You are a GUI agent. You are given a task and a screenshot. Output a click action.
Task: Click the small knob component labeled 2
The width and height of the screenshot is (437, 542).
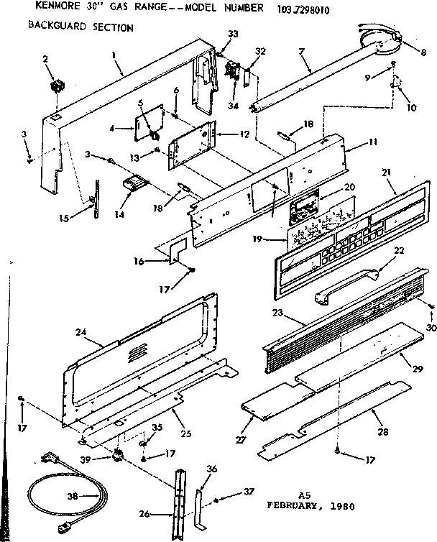pyautogui.click(x=55, y=89)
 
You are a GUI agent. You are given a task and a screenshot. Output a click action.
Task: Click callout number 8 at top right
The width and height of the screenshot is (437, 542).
pyautogui.click(x=423, y=52)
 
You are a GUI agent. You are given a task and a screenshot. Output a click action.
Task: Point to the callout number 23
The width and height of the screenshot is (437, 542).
pyautogui.click(x=275, y=313)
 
